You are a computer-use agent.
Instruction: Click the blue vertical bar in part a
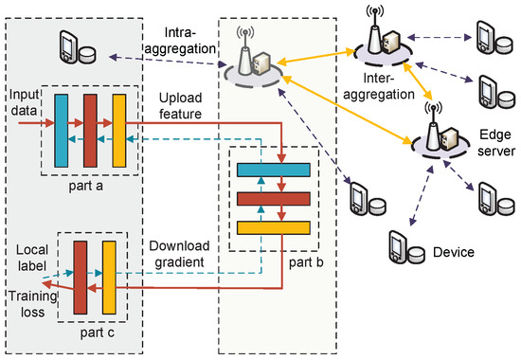(62, 131)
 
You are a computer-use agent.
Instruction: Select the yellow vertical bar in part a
(119, 131)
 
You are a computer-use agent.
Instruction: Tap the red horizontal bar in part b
(274, 199)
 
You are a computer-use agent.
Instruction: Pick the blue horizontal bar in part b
(274, 170)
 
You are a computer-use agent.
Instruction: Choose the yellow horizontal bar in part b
(274, 227)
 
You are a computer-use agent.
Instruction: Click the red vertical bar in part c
(81, 278)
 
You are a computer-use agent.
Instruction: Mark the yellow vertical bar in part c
(109, 278)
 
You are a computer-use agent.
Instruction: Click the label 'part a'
(85, 186)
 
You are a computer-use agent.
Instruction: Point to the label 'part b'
(306, 262)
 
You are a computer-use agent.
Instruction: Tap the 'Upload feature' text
(180, 106)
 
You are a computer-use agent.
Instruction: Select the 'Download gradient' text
(179, 254)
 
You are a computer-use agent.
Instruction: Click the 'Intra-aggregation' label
(180, 41)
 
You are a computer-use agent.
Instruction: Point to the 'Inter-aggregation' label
(379, 86)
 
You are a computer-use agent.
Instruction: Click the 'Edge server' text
(496, 143)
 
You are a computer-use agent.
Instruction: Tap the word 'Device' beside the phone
(454, 252)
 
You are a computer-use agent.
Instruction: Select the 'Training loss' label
(32, 304)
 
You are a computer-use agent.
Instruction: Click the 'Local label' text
(32, 258)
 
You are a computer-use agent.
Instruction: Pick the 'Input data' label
(24, 102)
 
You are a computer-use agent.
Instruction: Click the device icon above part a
(78, 47)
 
